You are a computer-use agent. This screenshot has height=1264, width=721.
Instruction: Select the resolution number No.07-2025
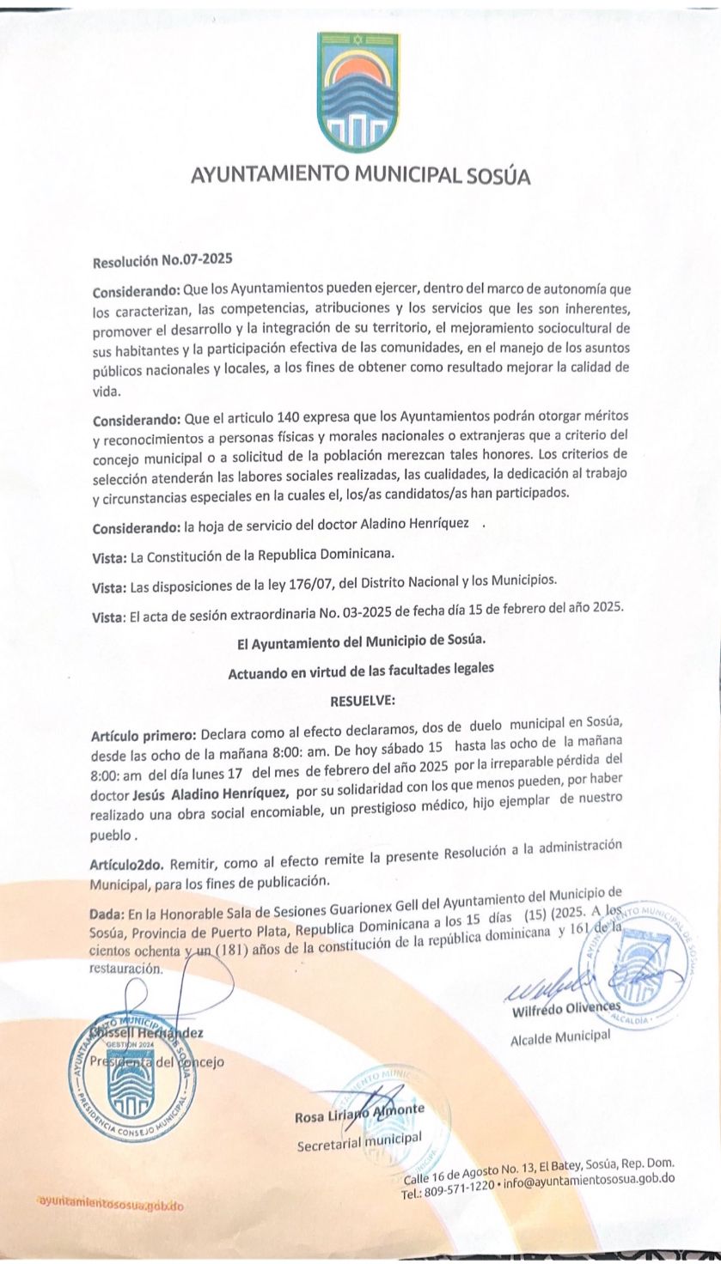[x=191, y=257]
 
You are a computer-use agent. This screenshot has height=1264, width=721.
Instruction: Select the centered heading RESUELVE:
[x=362, y=701]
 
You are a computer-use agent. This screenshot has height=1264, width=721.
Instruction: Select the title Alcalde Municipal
[x=559, y=1036]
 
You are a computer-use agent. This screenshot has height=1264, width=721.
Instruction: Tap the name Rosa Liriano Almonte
[x=359, y=1115]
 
